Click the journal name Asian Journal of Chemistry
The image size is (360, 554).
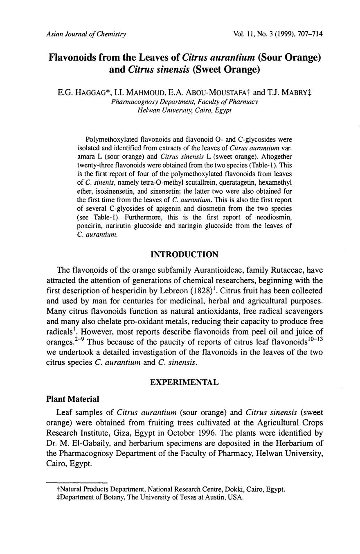(x=86, y=34)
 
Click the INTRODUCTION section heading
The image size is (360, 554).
(x=184, y=255)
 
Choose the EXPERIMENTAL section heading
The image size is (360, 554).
(x=184, y=382)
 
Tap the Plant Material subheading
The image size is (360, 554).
(x=73, y=399)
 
